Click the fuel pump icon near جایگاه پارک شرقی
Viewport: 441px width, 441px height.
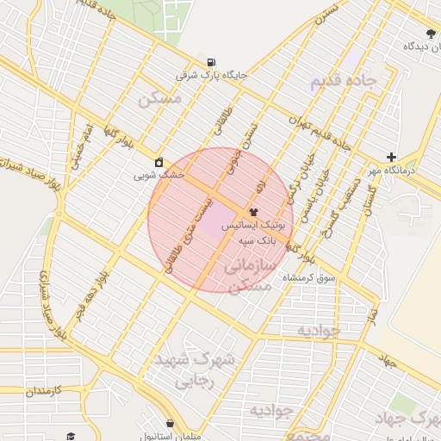click(212, 62)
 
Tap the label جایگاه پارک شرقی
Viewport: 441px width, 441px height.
click(211, 75)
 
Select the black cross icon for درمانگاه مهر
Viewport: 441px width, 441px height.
click(392, 157)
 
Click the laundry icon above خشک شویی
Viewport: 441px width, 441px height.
click(159, 161)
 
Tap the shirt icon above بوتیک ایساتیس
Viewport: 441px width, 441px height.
click(253, 210)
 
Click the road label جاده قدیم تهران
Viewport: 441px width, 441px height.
click(320, 132)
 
